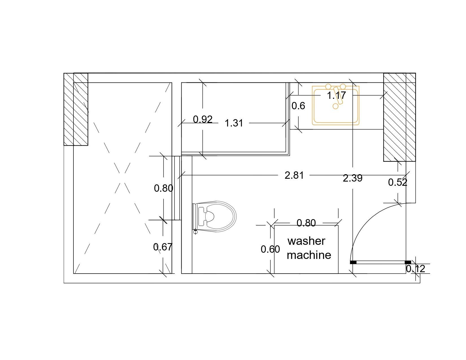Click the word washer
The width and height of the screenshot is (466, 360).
click(x=306, y=241)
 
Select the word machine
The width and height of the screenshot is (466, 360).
click(x=309, y=255)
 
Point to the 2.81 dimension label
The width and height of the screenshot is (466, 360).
click(x=294, y=175)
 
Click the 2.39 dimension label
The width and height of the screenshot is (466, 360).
click(x=352, y=178)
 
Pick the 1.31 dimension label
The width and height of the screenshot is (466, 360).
click(x=234, y=123)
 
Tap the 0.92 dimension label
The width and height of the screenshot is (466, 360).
click(x=203, y=119)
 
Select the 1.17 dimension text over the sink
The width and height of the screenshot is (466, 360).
click(x=336, y=95)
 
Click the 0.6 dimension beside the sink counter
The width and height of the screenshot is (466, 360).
click(x=298, y=106)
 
